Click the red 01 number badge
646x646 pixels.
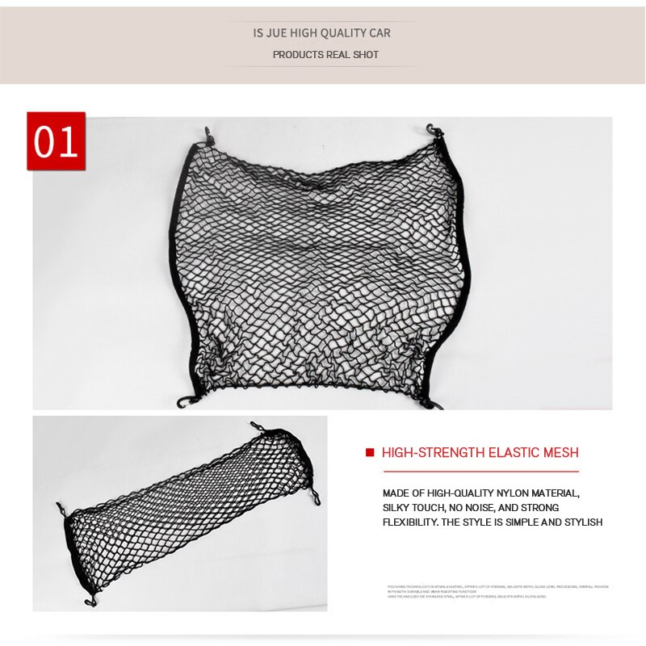click(x=56, y=141)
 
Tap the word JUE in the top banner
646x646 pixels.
click(x=279, y=33)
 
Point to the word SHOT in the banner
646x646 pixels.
click(x=365, y=55)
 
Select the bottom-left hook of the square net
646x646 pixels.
click(x=183, y=401)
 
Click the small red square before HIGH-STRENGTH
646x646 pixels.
click(x=370, y=453)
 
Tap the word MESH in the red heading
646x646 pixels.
click(x=561, y=452)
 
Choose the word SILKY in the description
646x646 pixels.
click(x=398, y=507)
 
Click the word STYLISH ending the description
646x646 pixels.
click(x=582, y=522)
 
